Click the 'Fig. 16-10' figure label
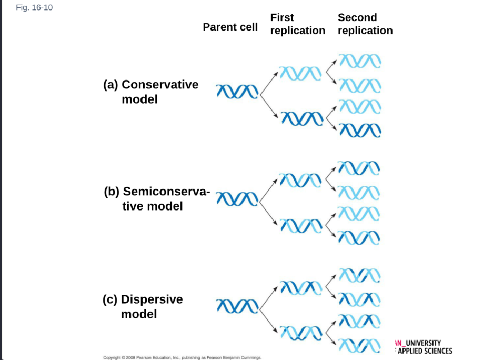[x=34, y=7]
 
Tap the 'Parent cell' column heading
[x=230, y=27]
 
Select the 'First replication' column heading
[x=298, y=24]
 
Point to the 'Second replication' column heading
[x=365, y=24]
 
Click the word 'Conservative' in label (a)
[x=160, y=84]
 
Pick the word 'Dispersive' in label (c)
[x=152, y=299]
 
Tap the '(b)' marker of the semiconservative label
[x=112, y=192]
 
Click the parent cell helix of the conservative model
[x=237, y=92]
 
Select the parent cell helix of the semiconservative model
[x=237, y=199]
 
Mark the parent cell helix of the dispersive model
[x=237, y=306]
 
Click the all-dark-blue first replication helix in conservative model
[x=302, y=118]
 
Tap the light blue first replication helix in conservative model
[x=300, y=73]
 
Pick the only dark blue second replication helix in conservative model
[x=360, y=130]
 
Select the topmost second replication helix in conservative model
[x=360, y=61]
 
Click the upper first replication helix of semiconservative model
[x=300, y=181]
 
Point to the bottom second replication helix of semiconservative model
[x=359, y=238]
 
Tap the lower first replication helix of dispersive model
[x=301, y=333]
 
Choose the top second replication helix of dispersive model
[x=360, y=275]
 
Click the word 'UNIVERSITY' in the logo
[x=423, y=343]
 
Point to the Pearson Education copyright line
[x=183, y=357]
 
